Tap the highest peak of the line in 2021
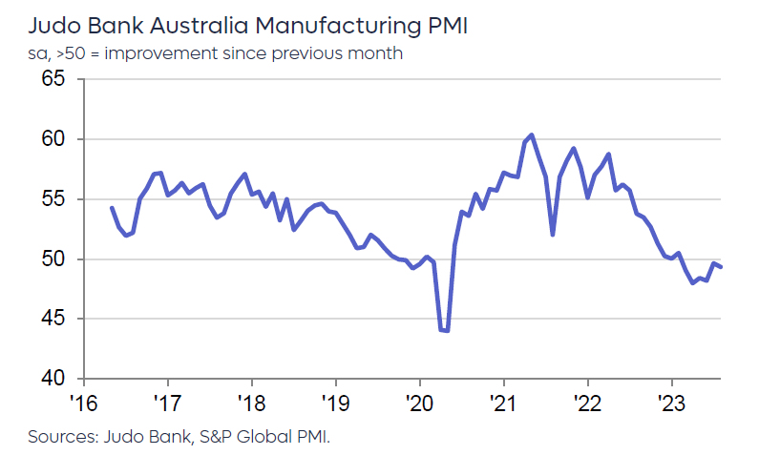pos(532,135)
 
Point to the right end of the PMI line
pos(721,267)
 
